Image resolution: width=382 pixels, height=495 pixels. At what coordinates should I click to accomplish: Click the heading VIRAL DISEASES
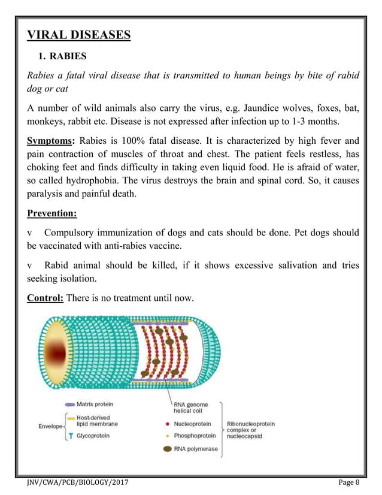[78, 35]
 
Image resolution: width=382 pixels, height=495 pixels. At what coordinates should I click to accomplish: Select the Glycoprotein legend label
[93, 436]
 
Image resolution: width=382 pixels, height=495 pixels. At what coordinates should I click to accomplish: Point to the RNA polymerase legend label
[196, 449]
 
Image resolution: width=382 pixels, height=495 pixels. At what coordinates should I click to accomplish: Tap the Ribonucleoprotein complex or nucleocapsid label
[250, 430]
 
